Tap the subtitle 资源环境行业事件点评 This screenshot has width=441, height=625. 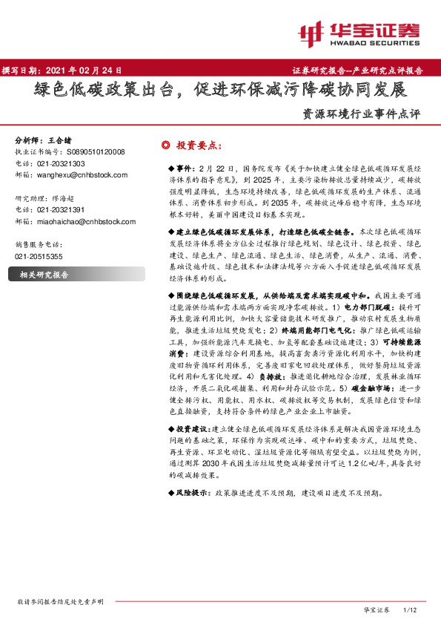362,115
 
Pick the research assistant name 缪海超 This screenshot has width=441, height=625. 67,198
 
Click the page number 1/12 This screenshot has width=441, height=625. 410,609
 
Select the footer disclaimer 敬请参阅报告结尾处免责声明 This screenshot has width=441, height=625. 59,601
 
